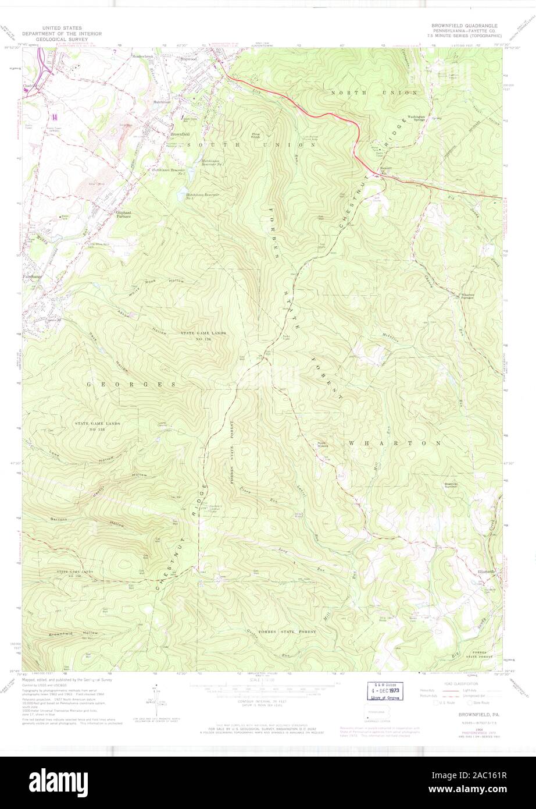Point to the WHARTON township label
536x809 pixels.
click(x=395, y=443)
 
